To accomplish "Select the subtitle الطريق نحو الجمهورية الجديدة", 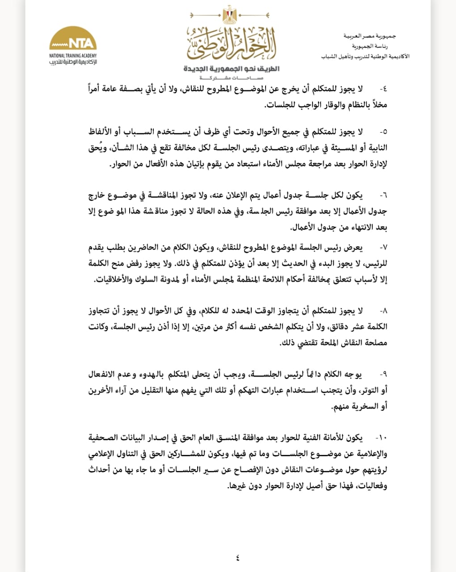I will [x=231, y=69].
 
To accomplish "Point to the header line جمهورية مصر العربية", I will [x=376, y=35].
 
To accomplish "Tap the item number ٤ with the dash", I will [x=383, y=89].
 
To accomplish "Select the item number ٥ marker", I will [x=383, y=132].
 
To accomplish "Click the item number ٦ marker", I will [x=383, y=196].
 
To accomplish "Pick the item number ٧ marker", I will [x=383, y=247].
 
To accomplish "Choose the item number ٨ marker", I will [x=383, y=311].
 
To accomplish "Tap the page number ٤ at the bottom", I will [x=237, y=557].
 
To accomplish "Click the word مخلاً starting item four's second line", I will [x=378, y=105].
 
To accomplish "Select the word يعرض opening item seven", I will [x=355, y=247].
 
